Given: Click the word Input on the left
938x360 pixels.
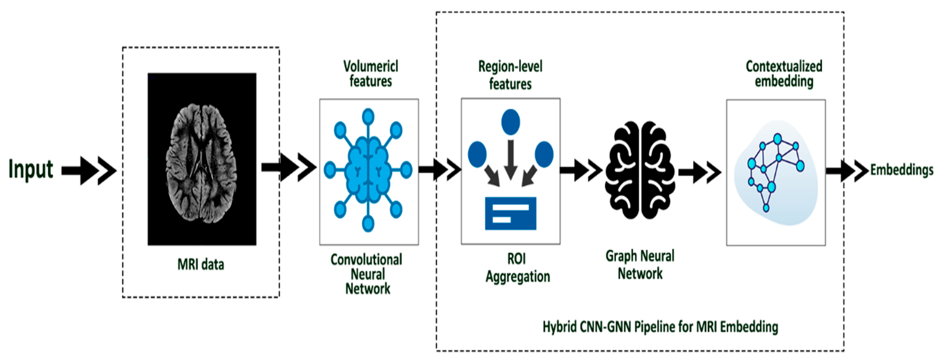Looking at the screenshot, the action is tap(31, 169).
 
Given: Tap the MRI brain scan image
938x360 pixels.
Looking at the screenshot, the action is tap(202, 159).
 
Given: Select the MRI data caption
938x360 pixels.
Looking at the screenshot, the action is tap(201, 264).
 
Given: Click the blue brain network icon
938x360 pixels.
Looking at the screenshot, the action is tap(368, 170).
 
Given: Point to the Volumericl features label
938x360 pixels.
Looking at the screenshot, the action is tap(371, 74).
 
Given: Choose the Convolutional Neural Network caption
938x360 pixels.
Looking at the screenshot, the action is tap(367, 274).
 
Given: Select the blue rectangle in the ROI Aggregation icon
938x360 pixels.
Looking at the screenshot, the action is tap(510, 213).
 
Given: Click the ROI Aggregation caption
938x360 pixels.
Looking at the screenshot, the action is tap(517, 268).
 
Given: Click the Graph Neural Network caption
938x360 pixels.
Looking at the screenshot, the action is tap(640, 265).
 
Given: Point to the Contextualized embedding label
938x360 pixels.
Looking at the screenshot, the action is tap(784, 74).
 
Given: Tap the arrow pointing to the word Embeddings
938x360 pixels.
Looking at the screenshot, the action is tap(847, 170).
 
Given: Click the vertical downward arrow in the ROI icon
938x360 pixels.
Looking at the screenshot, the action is tap(510, 159).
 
